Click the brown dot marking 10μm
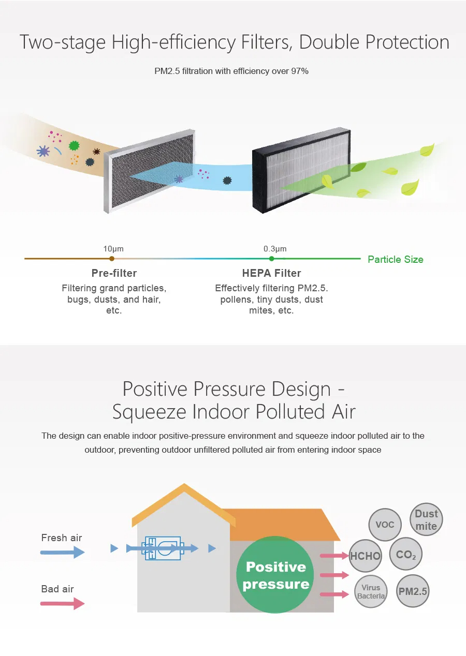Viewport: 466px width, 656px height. [x=112, y=259]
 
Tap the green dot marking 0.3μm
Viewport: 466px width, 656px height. [x=272, y=259]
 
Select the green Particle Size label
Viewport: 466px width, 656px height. [x=396, y=260]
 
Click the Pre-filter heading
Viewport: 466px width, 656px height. [x=114, y=273]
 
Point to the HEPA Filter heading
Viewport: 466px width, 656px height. [x=271, y=273]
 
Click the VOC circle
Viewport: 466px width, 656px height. [x=385, y=525]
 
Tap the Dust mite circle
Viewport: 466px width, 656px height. [x=426, y=519]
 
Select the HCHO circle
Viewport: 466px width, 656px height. [x=365, y=556]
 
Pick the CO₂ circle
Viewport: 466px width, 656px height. [x=406, y=554]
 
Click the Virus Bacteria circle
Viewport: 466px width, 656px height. [x=371, y=591]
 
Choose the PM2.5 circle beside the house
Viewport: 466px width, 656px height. [x=413, y=591]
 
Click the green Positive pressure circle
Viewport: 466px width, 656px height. [x=275, y=575]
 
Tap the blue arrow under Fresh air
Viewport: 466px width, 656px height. [x=63, y=553]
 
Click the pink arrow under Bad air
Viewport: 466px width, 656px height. [x=63, y=604]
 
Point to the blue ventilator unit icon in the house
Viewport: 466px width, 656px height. [x=163, y=548]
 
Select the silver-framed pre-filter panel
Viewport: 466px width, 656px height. [x=150, y=171]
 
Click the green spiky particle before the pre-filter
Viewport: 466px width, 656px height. [x=74, y=145]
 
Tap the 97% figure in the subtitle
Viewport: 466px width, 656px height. [x=299, y=71]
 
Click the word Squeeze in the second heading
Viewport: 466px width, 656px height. [x=150, y=412]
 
